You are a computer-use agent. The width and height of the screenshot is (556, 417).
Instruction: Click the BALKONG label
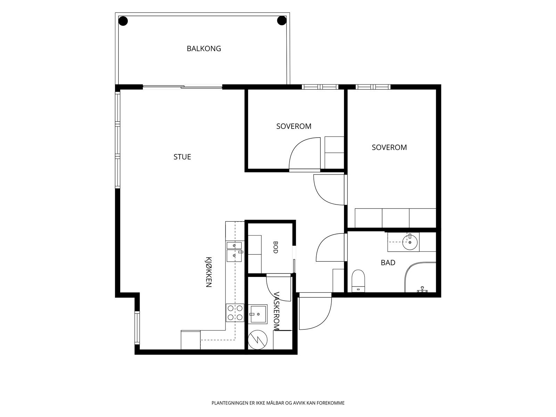[x=204, y=49]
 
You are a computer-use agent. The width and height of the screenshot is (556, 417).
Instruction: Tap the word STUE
[x=182, y=157]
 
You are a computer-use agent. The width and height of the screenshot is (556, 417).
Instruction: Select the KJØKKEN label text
[x=208, y=272]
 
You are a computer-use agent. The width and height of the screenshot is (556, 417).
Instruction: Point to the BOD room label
[x=276, y=247]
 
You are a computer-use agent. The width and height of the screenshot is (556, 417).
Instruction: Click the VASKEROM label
[x=276, y=311]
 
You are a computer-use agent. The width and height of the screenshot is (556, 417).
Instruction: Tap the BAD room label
[x=388, y=263]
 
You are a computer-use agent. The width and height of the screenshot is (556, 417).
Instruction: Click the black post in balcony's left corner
[x=123, y=21]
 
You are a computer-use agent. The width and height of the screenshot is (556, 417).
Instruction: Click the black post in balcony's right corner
[x=282, y=21]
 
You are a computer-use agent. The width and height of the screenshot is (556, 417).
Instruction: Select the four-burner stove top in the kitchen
[x=235, y=313]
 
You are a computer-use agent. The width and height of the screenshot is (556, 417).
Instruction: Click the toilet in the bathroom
[x=358, y=281]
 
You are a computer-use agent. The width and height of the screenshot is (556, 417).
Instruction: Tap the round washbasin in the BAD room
[x=410, y=242]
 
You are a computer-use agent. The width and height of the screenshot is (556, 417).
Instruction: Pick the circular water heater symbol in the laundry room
[x=257, y=340]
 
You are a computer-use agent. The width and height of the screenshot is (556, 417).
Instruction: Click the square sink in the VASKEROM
[x=257, y=314]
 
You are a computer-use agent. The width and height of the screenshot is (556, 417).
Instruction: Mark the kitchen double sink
[x=234, y=252]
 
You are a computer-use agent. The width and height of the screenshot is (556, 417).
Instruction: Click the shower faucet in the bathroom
[x=422, y=289]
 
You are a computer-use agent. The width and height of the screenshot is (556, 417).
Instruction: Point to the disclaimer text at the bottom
[x=278, y=403]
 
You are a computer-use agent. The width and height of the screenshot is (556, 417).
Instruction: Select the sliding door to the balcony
[x=182, y=87]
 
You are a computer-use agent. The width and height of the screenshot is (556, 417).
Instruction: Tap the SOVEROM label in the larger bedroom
[x=389, y=147]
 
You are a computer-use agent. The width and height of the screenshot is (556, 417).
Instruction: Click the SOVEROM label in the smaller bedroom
[x=294, y=126]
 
